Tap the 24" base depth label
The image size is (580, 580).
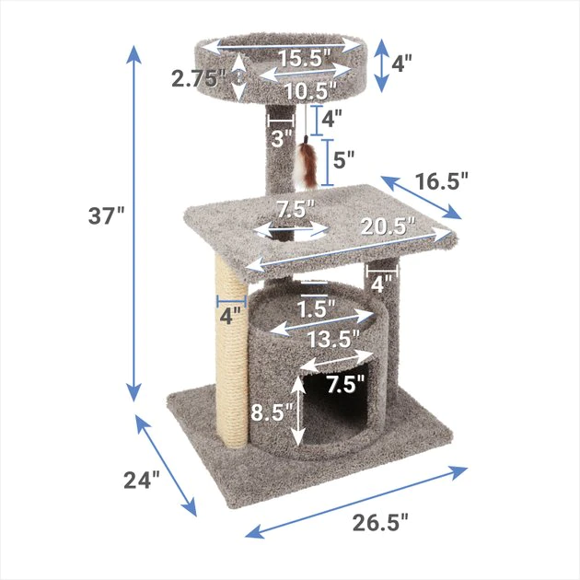coord(143,481)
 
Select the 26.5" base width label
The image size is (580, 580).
coord(379,523)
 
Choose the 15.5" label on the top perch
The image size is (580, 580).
coord(305,58)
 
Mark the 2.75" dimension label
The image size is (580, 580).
coord(199,78)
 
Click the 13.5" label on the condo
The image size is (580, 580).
coord(331,339)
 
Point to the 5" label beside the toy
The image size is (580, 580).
coord(343,159)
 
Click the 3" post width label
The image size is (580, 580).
coord(281,138)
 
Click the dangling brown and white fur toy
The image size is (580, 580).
coord(307,166)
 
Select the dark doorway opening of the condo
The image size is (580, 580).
coord(341,410)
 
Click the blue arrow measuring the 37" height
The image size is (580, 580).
coord(134,221)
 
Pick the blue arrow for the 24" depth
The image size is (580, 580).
coord(168,465)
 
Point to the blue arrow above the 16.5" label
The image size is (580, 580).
coord(420,196)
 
